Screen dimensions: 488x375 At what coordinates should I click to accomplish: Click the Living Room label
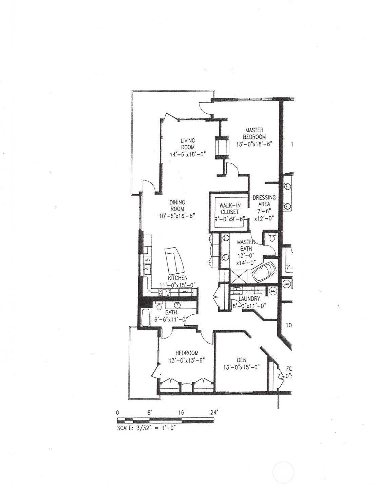tap(188, 144)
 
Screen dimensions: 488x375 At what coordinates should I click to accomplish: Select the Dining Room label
tap(177, 206)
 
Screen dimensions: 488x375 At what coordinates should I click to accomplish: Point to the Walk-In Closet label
tap(230, 209)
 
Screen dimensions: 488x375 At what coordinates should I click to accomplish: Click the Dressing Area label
tap(264, 200)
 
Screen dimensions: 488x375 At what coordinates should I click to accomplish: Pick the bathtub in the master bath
tap(264, 272)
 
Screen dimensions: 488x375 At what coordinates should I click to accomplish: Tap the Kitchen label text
tap(177, 278)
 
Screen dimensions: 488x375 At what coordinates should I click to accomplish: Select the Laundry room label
tap(249, 299)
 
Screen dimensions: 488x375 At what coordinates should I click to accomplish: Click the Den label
tap(241, 360)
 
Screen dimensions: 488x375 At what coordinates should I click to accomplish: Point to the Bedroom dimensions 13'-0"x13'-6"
tap(187, 360)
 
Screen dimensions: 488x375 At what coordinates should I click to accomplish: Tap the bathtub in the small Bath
tap(146, 318)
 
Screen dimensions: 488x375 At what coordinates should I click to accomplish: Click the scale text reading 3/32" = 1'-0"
tap(146, 428)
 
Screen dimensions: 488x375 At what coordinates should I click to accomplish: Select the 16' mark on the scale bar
tap(182, 413)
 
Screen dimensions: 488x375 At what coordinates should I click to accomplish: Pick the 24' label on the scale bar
tap(214, 413)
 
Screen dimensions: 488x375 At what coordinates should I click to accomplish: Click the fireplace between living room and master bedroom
tap(222, 147)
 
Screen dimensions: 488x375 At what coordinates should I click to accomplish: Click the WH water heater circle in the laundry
tap(273, 291)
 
